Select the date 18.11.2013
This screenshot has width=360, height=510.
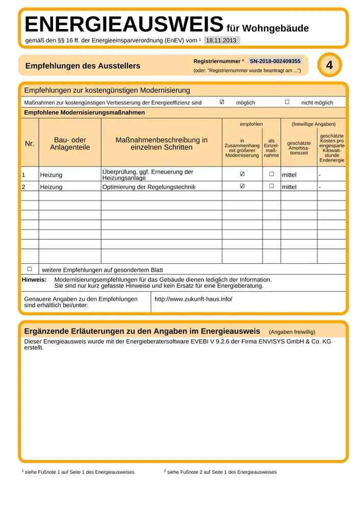click(221, 40)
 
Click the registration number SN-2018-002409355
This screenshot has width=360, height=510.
click(275, 61)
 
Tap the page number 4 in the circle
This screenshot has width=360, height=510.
click(329, 65)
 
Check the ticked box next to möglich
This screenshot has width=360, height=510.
click(222, 102)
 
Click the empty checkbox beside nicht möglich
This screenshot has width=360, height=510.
click(287, 102)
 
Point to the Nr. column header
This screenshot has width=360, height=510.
click(30, 144)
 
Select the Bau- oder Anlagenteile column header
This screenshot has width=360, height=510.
click(70, 144)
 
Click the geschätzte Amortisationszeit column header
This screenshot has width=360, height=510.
click(299, 148)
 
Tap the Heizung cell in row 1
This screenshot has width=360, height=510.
click(51, 175)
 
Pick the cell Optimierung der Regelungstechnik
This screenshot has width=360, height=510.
click(149, 187)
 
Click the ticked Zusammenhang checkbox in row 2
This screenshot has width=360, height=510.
click(242, 186)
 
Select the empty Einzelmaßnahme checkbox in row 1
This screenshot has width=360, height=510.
click(271, 174)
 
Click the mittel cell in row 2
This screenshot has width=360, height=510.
click(289, 187)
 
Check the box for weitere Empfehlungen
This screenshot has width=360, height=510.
click(30, 269)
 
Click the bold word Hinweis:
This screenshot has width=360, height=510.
click(34, 279)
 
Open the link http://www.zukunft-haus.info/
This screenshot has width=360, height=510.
click(193, 298)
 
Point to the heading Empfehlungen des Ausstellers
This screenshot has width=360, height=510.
click(83, 66)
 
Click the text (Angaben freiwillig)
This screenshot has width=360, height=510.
click(292, 331)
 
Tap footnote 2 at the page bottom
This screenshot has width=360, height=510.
click(220, 472)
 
